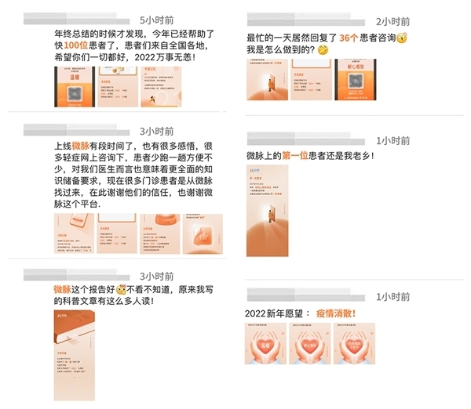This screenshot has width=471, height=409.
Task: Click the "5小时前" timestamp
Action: coord(156,18)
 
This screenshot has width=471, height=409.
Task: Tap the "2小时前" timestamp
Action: coord(392,21)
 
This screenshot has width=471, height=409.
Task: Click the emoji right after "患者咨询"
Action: coord(403,38)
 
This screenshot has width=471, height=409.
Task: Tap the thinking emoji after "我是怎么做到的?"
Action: coord(323,51)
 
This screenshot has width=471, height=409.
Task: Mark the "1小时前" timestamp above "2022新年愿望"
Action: coord(392,296)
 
